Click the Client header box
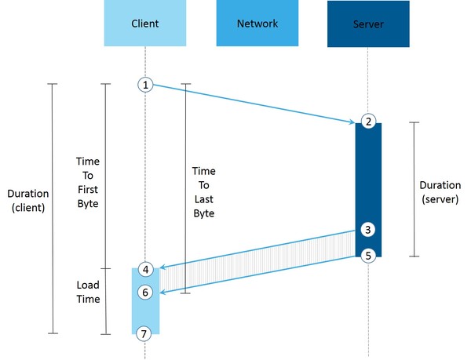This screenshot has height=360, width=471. [144, 24]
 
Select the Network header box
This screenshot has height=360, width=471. [257, 24]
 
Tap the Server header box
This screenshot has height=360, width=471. [369, 24]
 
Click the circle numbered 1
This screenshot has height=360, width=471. [144, 85]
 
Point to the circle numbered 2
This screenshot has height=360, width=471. [367, 121]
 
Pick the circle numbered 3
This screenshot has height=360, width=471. [367, 230]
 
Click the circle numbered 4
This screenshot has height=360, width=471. [144, 269]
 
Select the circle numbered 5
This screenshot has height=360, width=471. [367, 255]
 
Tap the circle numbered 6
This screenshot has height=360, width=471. [144, 292]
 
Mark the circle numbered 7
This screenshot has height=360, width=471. [144, 333]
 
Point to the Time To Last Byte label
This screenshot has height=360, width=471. [203, 191]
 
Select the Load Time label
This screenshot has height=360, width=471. [88, 292]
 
